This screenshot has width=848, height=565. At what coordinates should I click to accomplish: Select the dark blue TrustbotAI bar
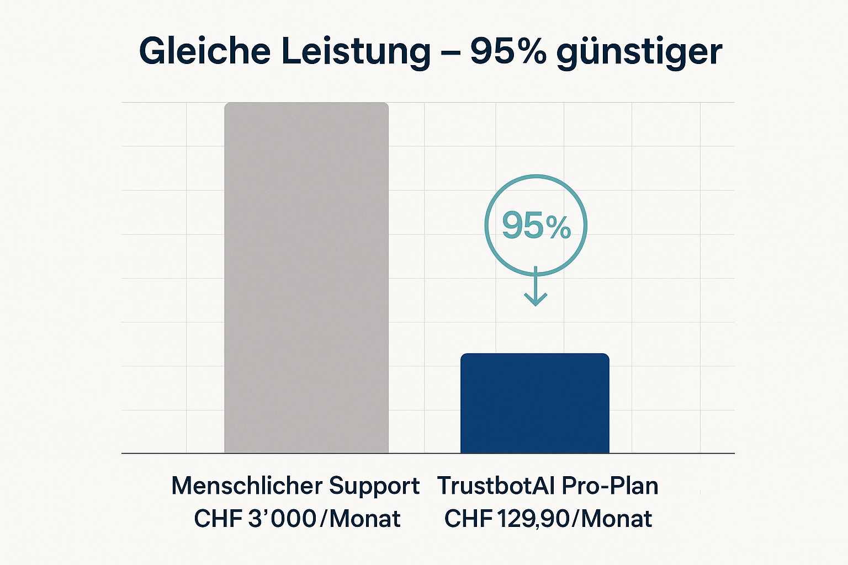point(534,403)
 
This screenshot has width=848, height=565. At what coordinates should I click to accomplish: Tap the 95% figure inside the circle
point(536,226)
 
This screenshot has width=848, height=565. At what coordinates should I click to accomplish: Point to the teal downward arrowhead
point(536,299)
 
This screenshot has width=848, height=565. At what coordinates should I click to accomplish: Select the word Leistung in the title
point(356,51)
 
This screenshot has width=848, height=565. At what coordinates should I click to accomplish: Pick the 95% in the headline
point(508,51)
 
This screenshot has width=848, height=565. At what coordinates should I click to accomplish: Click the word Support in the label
point(374,487)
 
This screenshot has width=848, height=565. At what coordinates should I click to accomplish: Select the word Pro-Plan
point(610,486)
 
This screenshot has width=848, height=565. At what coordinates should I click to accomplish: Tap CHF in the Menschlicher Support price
point(217,519)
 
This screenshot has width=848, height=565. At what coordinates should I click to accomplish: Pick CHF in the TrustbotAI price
point(468,519)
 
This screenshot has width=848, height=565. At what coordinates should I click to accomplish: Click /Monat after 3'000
point(360,519)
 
